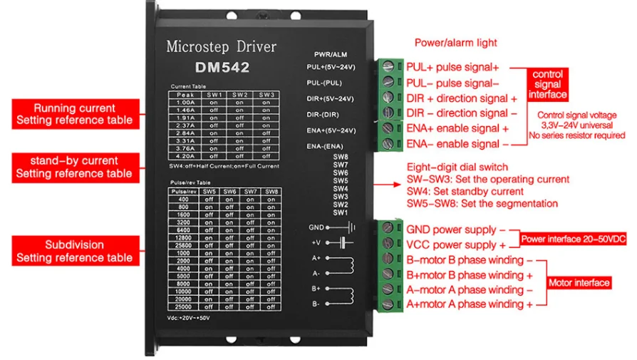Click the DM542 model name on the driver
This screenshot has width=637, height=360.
tap(222, 68)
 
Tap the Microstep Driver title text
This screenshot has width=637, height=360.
tap(221, 47)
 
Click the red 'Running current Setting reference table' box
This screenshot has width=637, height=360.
tap(74, 114)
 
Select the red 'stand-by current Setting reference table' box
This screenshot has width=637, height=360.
tap(74, 167)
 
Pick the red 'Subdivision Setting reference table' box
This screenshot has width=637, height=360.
tap(74, 251)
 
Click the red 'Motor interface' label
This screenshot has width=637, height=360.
tap(579, 283)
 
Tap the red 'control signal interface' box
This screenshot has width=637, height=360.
tap(547, 84)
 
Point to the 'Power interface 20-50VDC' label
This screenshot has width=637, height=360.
tap(573, 239)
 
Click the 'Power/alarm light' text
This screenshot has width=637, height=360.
tap(455, 43)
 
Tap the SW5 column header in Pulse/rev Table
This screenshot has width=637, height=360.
tap(209, 192)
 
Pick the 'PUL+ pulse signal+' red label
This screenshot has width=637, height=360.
tap(452, 67)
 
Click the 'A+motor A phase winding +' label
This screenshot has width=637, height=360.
tap(470, 304)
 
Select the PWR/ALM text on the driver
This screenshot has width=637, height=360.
tap(330, 54)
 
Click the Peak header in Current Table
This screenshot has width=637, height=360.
tap(185, 94)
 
